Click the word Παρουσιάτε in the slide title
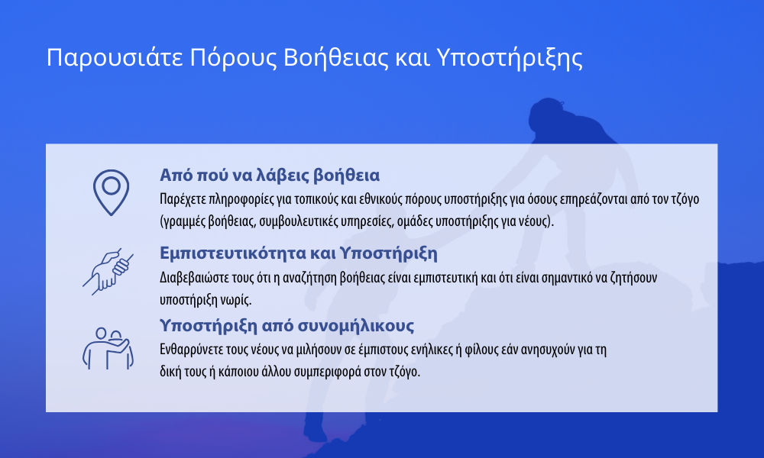pyautogui.click(x=115, y=58)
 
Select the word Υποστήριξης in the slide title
pyautogui.click(x=510, y=58)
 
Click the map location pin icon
pyautogui.click(x=111, y=192)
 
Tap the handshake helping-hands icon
pyautogui.click(x=108, y=272)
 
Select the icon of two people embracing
pyautogui.click(x=108, y=349)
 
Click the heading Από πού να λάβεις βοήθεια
pyautogui.click(x=270, y=176)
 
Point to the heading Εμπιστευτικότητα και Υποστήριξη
pyautogui.click(x=298, y=253)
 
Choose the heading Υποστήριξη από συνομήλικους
pyautogui.click(x=286, y=326)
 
